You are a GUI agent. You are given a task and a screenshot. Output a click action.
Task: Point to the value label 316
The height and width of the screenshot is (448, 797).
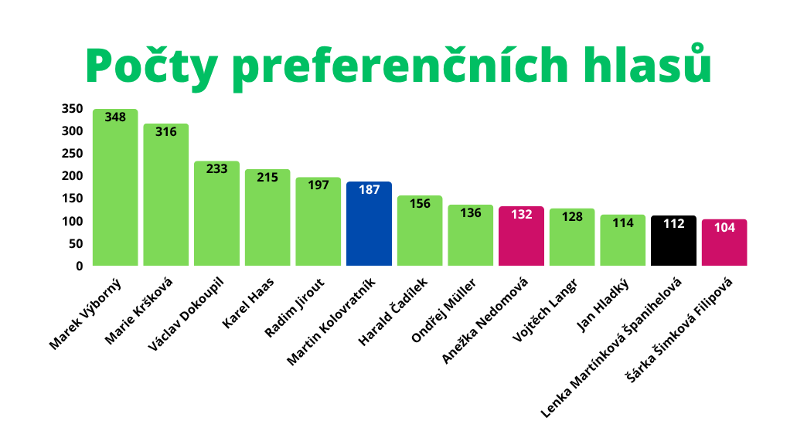coord(166,131)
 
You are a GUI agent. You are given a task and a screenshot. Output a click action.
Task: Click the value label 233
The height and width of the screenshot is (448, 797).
coord(217,168)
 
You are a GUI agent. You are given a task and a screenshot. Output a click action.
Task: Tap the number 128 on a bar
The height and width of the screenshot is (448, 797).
coord(572,216)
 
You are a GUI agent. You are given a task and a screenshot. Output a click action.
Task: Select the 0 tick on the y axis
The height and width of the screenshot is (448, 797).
coord(79,266)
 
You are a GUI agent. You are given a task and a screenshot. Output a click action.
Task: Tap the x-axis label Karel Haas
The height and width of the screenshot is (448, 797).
coord(245,307)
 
